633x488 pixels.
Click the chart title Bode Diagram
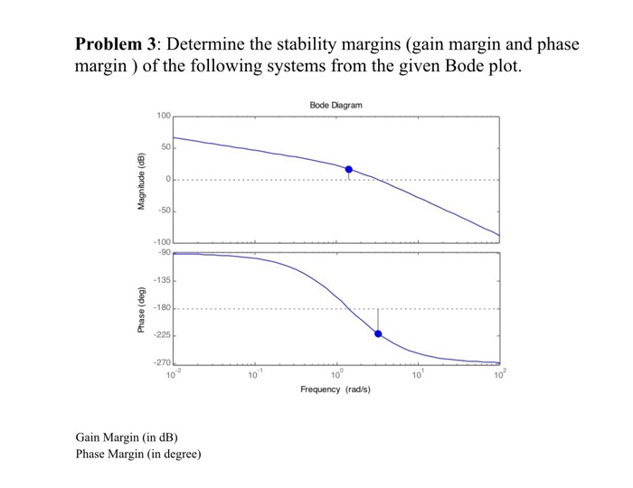pos(335,106)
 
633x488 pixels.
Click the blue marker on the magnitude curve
pos(349,169)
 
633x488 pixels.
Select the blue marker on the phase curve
pos(378,333)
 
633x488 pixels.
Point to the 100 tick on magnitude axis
pos(163,117)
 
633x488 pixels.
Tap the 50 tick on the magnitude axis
pos(165,147)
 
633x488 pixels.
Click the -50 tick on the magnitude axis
pos(163,211)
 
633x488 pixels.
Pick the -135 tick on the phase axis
pos(162,281)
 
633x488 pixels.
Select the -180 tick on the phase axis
pos(162,308)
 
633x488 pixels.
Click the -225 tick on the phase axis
pos(162,335)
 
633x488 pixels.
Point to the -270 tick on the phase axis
pos(162,362)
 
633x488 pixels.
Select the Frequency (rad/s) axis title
pos(335,389)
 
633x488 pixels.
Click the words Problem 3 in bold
pos(116,44)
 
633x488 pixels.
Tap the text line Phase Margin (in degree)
pos(138,454)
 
